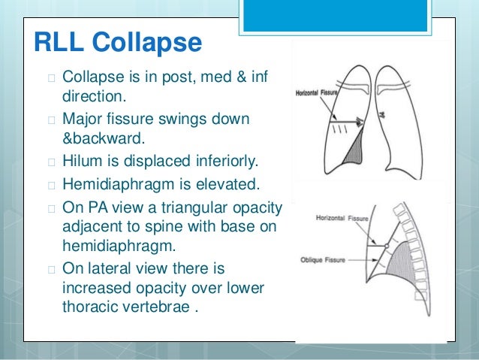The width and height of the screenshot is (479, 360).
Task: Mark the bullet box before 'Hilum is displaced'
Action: [50, 162]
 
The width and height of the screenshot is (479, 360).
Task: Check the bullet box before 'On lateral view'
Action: [50, 268]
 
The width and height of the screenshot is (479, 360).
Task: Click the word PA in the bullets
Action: [93, 206]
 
